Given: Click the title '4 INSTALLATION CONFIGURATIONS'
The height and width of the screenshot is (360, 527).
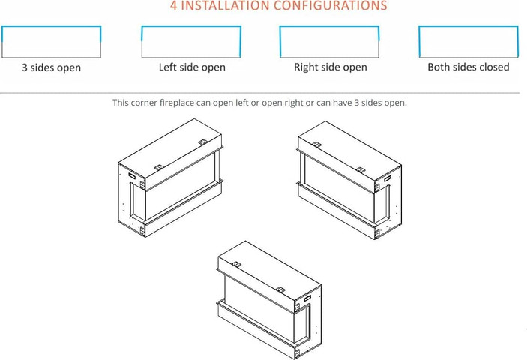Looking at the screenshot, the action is pyautogui.click(x=278, y=5).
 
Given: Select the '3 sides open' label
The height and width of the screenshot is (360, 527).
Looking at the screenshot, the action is pyautogui.click(x=52, y=67).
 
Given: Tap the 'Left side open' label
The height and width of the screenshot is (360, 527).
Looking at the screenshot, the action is pyautogui.click(x=192, y=67).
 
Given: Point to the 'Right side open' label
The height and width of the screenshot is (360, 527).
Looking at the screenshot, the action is pyautogui.click(x=331, y=67).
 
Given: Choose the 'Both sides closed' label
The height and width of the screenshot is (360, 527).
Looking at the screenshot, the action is pyautogui.click(x=469, y=67).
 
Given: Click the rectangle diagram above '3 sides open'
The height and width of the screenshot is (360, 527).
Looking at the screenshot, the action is pyautogui.click(x=52, y=26).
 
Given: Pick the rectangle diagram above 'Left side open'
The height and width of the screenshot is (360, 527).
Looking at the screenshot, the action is pyautogui.click(x=191, y=26).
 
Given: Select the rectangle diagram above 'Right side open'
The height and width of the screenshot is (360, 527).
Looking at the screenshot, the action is pyautogui.click(x=329, y=26).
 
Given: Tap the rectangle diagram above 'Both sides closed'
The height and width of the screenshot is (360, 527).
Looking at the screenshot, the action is pyautogui.click(x=469, y=26).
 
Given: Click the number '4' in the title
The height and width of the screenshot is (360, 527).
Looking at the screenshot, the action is pyautogui.click(x=173, y=5).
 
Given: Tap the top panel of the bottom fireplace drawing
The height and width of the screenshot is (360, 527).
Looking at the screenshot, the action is pyautogui.click(x=270, y=271).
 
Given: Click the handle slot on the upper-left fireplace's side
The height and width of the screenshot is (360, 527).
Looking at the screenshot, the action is pyautogui.click(x=132, y=175).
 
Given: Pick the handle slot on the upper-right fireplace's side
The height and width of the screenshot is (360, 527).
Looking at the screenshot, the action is pyautogui.click(x=388, y=178).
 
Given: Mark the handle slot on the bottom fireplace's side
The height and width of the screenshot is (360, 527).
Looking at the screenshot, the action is pyautogui.click(x=307, y=298).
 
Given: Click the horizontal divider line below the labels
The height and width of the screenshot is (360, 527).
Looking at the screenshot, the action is pyautogui.click(x=260, y=93).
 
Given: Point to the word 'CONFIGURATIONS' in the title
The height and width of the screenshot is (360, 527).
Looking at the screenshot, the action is pyautogui.click(x=330, y=5).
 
